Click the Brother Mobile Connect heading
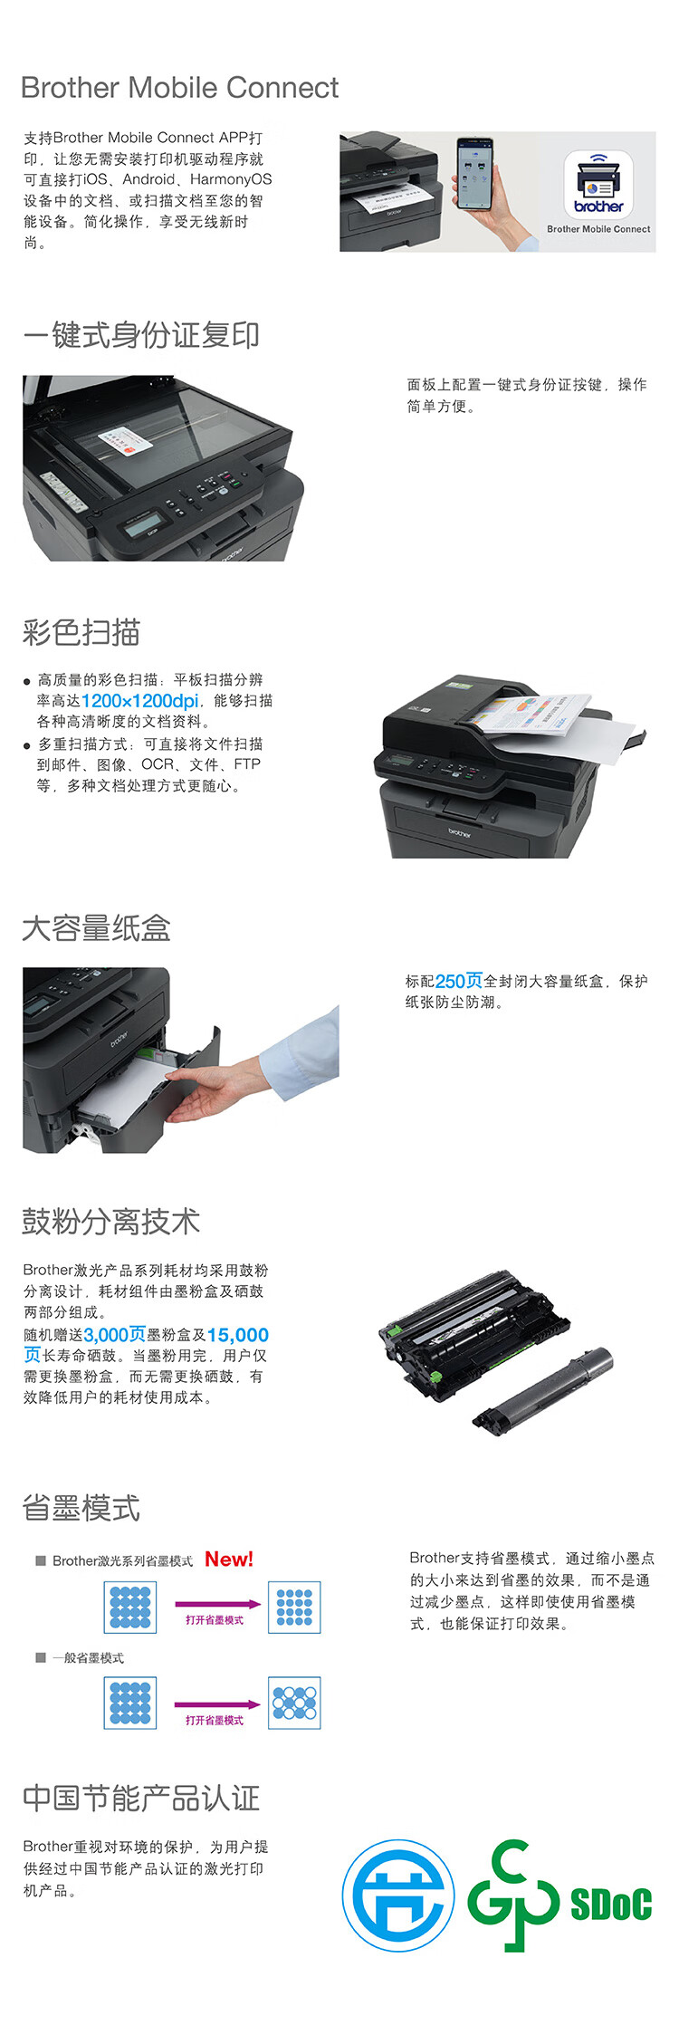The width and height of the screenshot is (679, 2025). [179, 88]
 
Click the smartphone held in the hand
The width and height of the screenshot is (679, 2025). [473, 172]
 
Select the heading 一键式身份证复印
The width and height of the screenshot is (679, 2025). [141, 335]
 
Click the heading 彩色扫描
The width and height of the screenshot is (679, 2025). [81, 632]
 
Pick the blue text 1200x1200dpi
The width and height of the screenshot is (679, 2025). [140, 701]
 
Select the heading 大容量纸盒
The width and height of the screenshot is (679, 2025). [97, 928]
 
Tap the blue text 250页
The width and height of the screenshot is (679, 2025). [459, 981]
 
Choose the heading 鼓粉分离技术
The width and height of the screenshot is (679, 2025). [110, 1222]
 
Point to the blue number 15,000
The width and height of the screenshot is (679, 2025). [238, 1335]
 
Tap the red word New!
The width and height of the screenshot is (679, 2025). [229, 1560]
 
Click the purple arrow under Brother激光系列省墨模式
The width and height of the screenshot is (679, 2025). [217, 1605]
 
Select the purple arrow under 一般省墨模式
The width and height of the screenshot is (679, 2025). [217, 1704]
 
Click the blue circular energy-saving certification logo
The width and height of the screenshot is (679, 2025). [398, 1895]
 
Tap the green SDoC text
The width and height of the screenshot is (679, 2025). [611, 1904]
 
